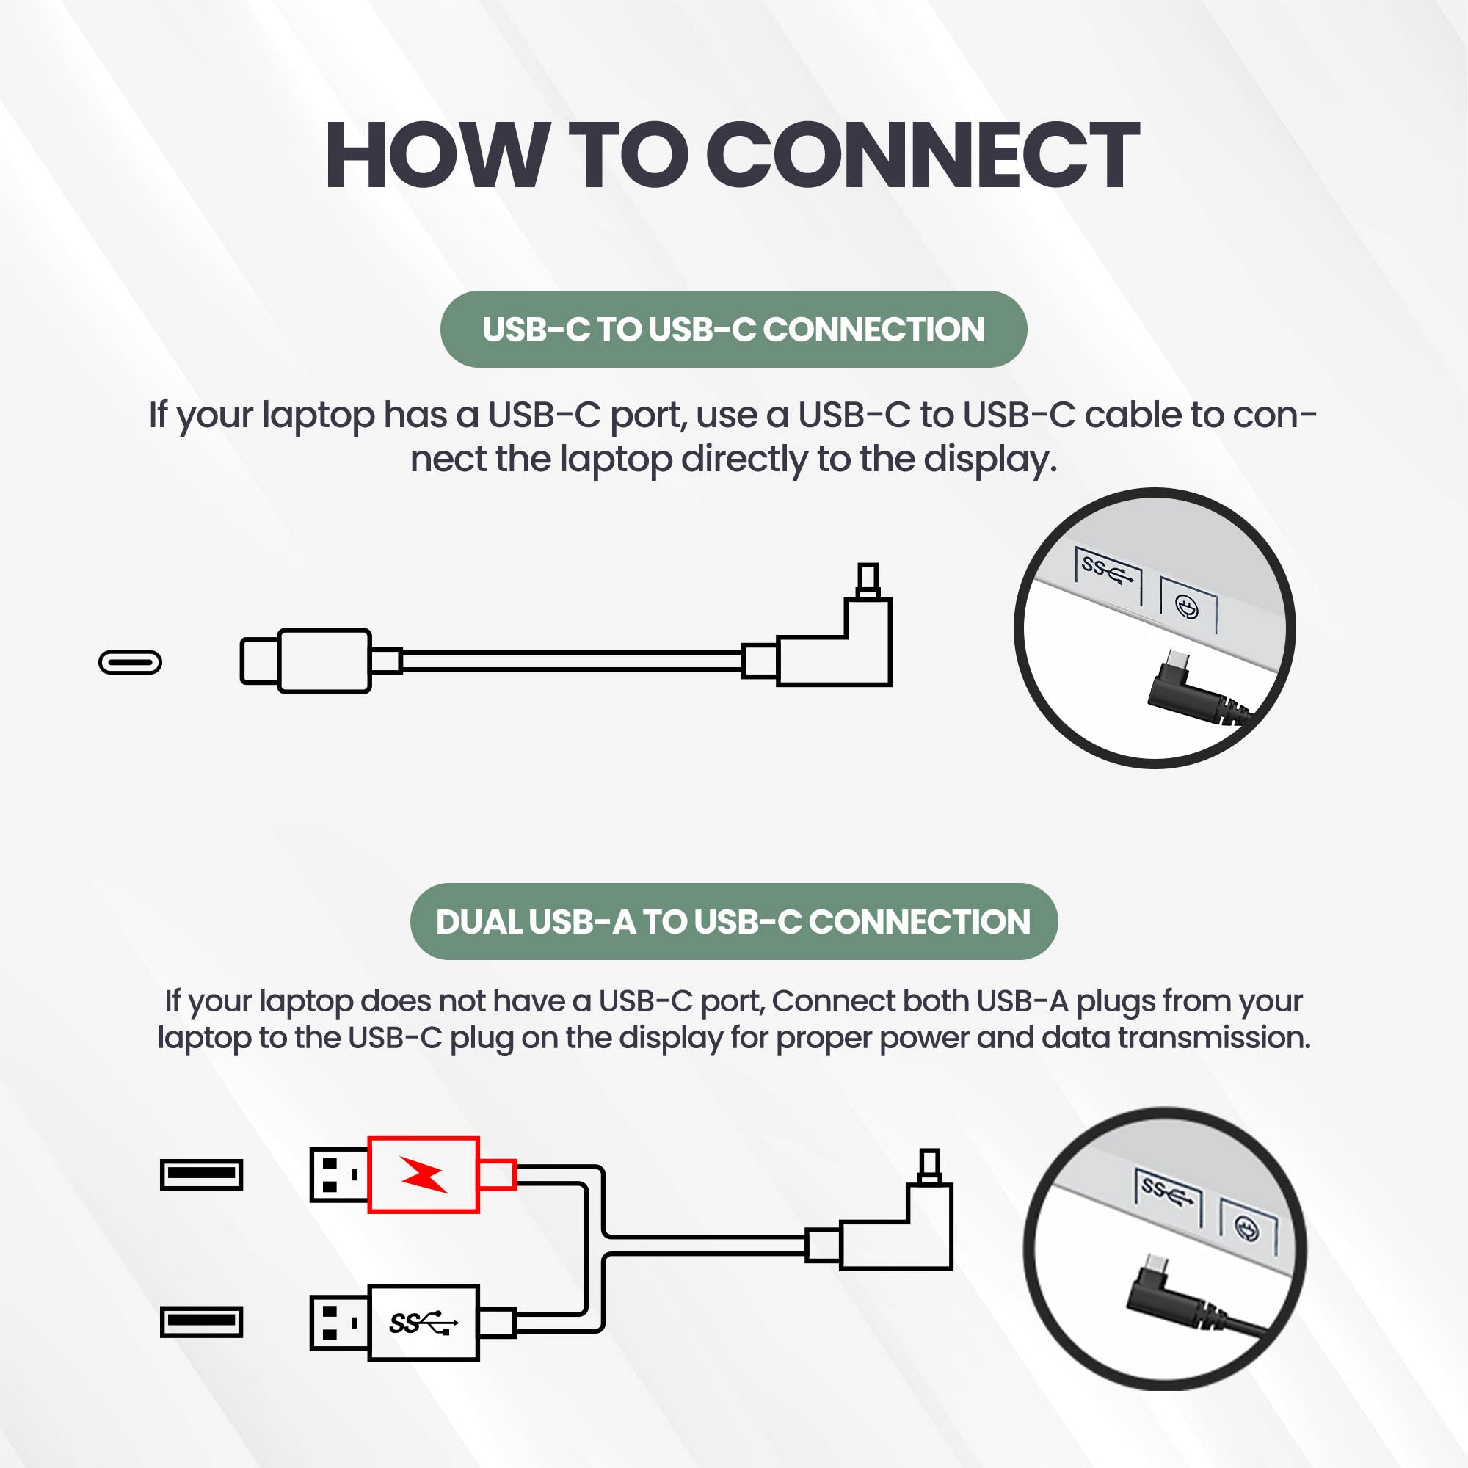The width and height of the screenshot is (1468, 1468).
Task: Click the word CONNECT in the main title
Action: [x=923, y=155]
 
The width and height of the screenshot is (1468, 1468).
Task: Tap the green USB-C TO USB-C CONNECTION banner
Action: [x=733, y=329]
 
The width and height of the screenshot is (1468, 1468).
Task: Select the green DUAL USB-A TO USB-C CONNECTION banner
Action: [x=733, y=921]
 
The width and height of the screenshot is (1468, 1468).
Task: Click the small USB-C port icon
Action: [x=130, y=662]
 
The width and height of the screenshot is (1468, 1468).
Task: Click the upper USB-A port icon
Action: [x=201, y=1174]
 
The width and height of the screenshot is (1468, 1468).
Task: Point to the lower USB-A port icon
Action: [x=201, y=1321]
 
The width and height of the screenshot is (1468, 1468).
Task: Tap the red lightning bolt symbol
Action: [x=424, y=1174]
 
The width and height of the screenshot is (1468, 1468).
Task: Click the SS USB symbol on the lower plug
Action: [x=424, y=1323]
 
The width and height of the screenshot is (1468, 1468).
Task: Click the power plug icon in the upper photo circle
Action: [x=1187, y=606]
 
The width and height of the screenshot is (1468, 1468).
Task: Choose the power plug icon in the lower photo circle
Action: [x=1246, y=1228]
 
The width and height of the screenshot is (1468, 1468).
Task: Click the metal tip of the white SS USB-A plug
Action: [x=339, y=1323]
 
